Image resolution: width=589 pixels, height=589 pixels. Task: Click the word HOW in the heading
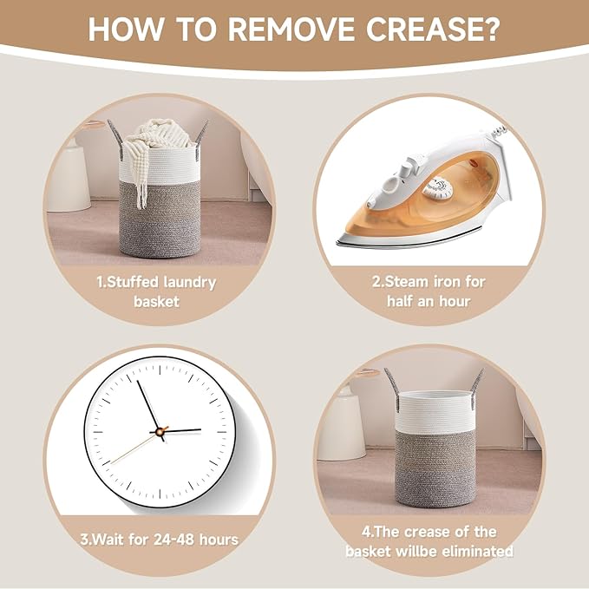tap(127, 29)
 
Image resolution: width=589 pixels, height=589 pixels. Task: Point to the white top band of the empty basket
tap(435, 410)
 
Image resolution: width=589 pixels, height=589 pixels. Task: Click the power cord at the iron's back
tap(501, 132)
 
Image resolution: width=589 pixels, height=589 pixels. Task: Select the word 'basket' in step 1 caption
tap(156, 302)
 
